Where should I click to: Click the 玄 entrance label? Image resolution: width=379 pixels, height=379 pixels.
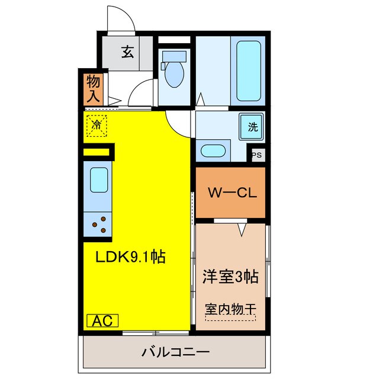point(128,52)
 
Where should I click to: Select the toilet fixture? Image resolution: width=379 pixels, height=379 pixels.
point(175,70)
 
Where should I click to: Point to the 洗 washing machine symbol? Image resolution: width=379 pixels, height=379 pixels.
point(252,126)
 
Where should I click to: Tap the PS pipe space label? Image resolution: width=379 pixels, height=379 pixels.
point(256,155)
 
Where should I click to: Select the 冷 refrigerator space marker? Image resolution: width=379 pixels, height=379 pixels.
point(97,125)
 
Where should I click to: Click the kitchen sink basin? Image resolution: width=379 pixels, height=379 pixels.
point(98,178)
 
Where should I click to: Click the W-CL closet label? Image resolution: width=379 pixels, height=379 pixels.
point(231,193)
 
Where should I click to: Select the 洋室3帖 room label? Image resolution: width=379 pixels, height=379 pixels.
point(231,277)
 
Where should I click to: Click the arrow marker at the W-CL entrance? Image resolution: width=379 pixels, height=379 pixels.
point(242,228)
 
